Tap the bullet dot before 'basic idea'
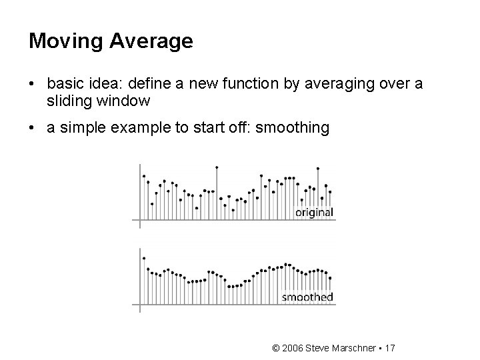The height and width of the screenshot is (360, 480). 32,85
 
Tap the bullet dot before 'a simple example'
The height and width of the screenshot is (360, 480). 32,127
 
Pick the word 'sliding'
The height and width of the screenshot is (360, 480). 68,101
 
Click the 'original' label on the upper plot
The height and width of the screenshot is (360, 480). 314,213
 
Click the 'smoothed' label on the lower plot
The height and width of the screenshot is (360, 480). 307,297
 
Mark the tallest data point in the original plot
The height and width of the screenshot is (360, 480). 217,167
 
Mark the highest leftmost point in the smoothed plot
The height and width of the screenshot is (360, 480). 144,258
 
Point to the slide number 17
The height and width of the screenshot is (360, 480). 391,347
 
